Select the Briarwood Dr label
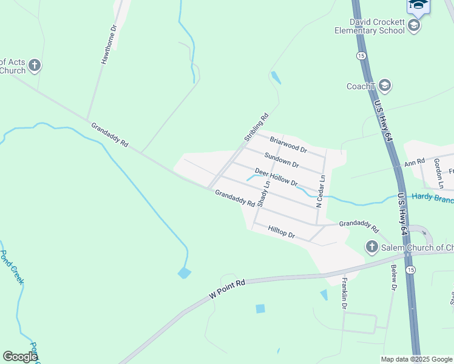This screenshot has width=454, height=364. click(x=288, y=144)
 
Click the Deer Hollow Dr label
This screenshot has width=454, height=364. click(x=276, y=177)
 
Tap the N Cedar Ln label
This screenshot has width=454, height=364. click(x=320, y=192)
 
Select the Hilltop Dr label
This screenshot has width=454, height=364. click(x=281, y=230)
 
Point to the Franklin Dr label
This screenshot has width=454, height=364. click(x=344, y=294)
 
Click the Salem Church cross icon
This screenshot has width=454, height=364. click(x=371, y=247)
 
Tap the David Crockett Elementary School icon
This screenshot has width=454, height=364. click(x=414, y=25)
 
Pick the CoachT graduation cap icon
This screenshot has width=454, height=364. click(x=384, y=86)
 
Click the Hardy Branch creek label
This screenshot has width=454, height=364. click(x=432, y=198)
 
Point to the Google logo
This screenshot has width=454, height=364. click(x=20, y=357)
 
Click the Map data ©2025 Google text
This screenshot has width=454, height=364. click(x=416, y=359)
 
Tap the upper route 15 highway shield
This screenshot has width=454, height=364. click(x=361, y=55)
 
